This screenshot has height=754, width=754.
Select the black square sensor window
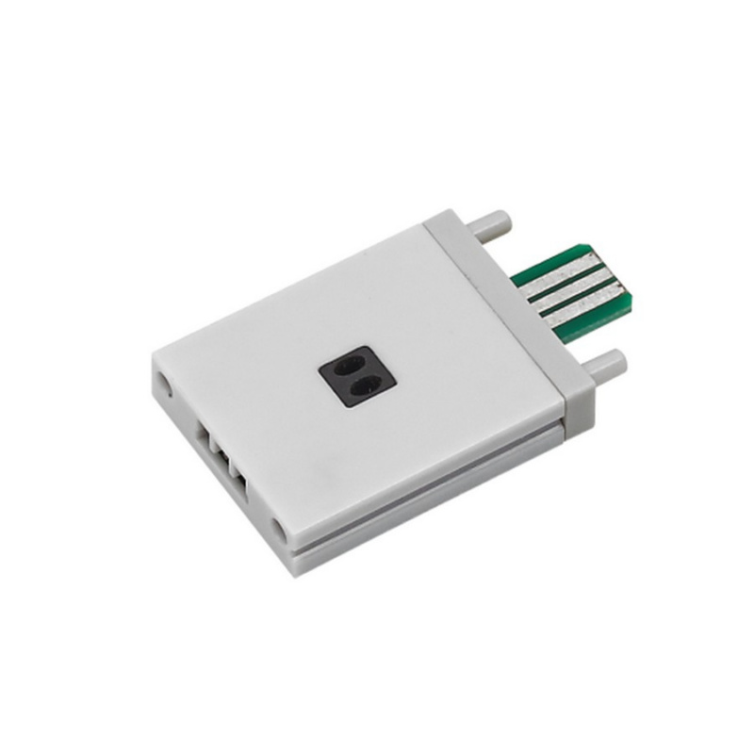pos(357,374)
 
